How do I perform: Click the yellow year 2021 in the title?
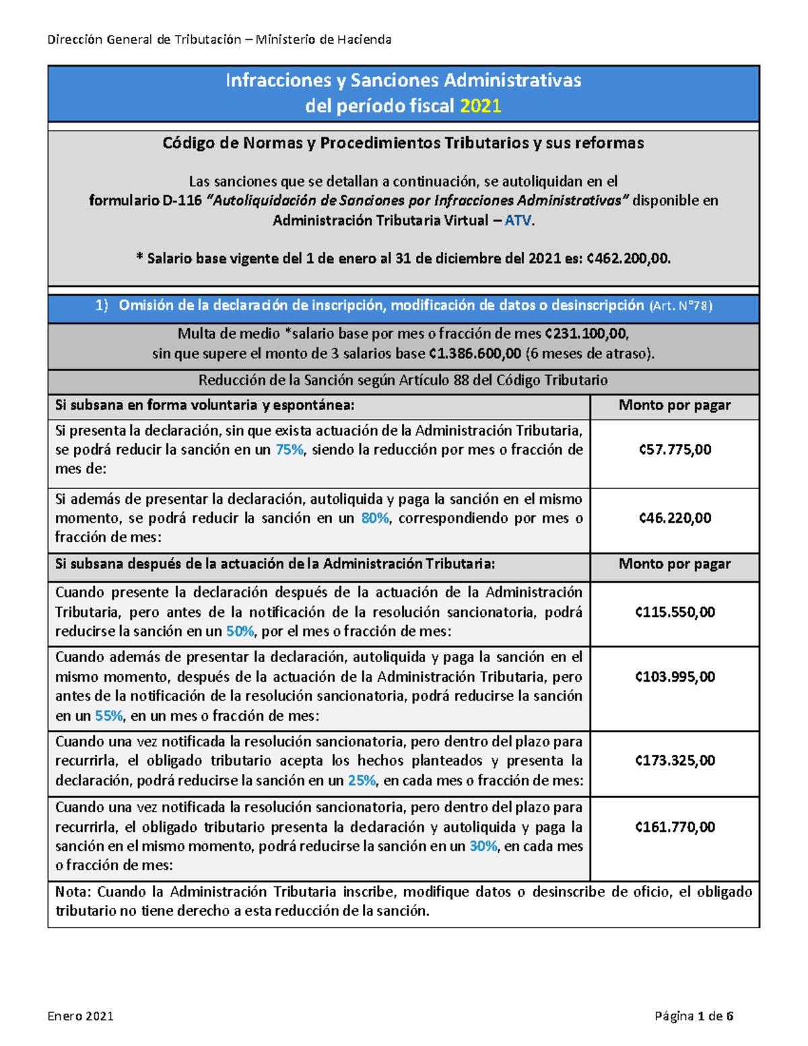pos(481,106)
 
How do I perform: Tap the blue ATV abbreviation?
pos(518,220)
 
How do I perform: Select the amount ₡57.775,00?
pos(675,450)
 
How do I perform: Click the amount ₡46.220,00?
pos(675,518)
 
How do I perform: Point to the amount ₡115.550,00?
pos(675,612)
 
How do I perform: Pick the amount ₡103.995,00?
pos(675,677)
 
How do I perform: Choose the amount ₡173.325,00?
pos(675,760)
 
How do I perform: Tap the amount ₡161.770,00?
pos(675,827)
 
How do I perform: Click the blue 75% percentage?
pos(290,450)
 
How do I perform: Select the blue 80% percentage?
pos(375,518)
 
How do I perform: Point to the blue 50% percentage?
pos(240,632)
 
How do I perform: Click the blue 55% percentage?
pos(109,716)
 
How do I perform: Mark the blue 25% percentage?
pos(362,781)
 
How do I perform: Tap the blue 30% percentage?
pos(483,847)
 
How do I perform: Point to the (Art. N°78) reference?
pos(680,306)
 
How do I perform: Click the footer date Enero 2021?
pos(80,1016)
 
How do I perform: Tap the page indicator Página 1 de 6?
pos(694,1016)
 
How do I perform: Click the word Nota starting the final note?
pos(72,892)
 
